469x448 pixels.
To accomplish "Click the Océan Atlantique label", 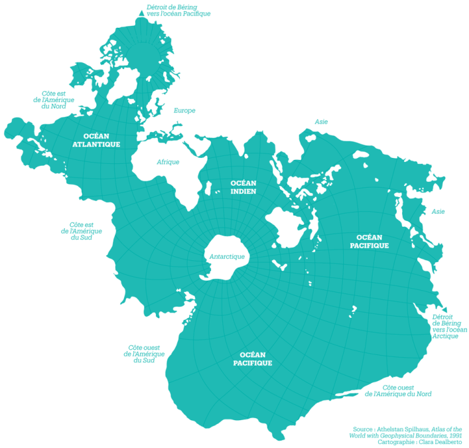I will (96, 139).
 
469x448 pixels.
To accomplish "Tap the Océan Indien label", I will (243, 187).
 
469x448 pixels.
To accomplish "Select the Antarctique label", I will (227, 257).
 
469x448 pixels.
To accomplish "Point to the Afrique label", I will (168, 162).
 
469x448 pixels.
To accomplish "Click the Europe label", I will (184, 110).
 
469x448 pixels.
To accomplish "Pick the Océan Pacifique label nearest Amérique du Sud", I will (252, 359).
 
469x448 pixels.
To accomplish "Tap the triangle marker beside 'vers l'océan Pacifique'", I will (141, 13).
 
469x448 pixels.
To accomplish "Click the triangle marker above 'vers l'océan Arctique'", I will (445, 309).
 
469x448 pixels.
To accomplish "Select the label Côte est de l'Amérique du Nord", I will (54, 100).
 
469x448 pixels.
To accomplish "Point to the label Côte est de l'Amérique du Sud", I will (81, 231).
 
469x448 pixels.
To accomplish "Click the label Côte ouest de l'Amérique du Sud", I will (144, 354).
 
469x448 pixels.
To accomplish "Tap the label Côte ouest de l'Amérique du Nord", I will (398, 390).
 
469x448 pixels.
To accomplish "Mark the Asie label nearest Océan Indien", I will (321, 121).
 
